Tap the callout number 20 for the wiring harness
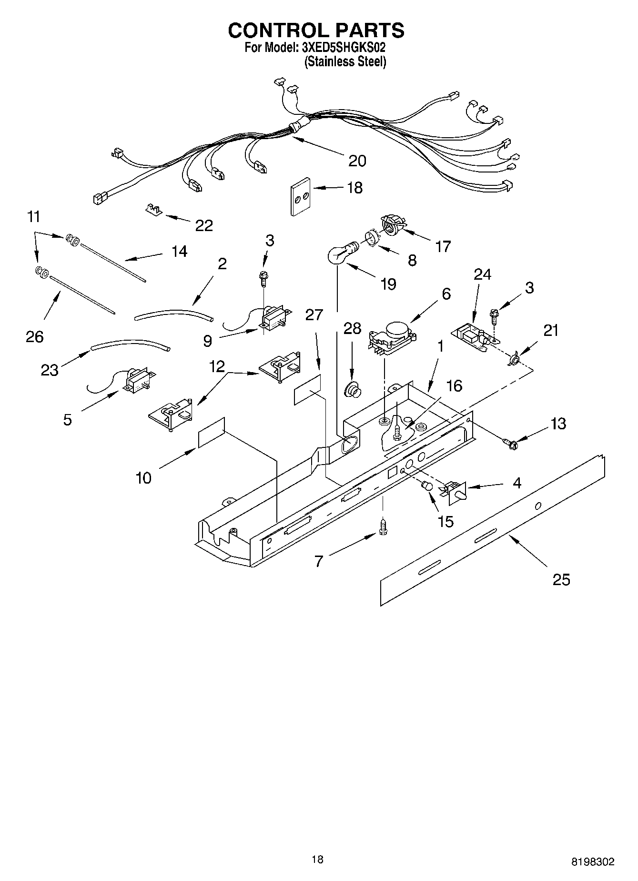click(357, 161)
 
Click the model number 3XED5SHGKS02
click(343, 48)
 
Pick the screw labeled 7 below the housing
click(383, 527)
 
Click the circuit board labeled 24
click(472, 337)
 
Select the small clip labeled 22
click(153, 209)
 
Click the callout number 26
click(35, 336)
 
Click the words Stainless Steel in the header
click(345, 61)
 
